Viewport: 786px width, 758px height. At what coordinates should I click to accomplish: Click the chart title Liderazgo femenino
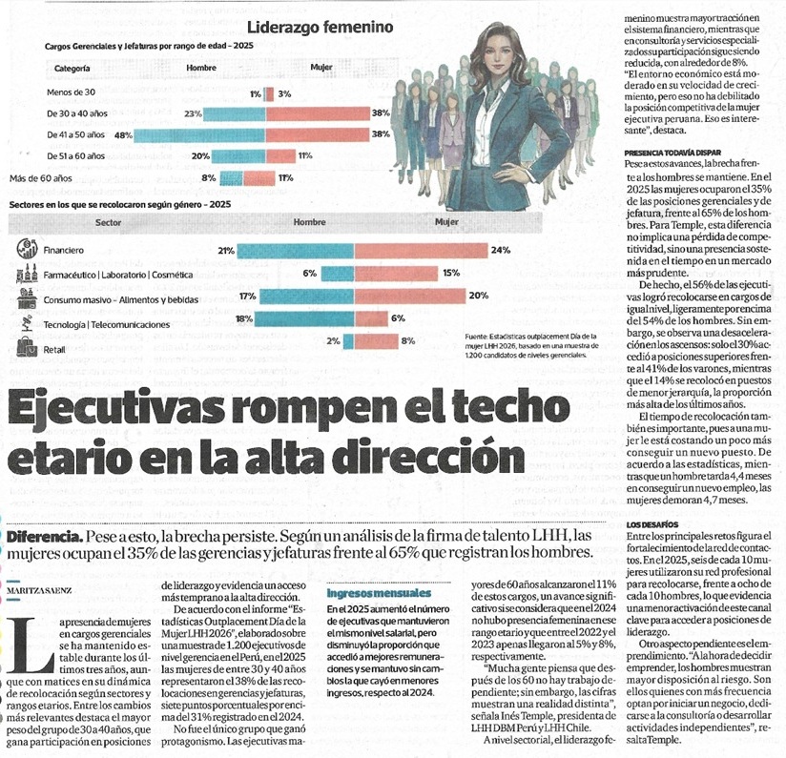coord(321,27)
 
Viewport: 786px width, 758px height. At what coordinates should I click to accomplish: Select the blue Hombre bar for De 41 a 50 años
coord(200,135)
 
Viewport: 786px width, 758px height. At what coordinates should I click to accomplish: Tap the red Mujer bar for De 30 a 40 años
coord(318,113)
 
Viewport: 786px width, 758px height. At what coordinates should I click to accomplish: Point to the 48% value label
coord(123,135)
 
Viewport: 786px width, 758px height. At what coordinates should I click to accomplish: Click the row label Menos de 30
coord(71,92)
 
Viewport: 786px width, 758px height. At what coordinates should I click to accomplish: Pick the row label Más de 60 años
coord(41,178)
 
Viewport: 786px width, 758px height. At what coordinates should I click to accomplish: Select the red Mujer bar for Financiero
coord(421,251)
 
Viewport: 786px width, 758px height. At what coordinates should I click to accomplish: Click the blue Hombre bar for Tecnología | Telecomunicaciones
coord(305,319)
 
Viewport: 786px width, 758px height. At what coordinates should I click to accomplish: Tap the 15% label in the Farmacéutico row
coord(451,273)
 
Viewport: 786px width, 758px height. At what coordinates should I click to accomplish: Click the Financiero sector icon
coord(27,248)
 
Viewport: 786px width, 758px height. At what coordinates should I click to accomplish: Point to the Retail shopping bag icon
coord(27,347)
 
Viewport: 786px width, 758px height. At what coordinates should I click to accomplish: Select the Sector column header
coord(108,222)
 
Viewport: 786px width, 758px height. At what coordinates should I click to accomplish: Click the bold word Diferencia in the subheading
coord(45,537)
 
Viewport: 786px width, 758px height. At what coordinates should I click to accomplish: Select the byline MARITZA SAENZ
coord(39,591)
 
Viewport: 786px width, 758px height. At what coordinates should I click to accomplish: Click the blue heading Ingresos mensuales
coord(379,594)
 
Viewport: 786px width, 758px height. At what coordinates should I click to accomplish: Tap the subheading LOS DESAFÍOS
coord(652,524)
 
